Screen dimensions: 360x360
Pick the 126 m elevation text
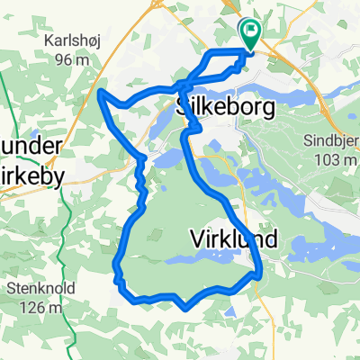tap(40, 308)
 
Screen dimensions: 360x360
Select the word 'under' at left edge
tap(31, 147)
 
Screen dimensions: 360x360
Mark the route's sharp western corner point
tap(100, 92)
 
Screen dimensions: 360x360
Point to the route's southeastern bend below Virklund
tap(259, 271)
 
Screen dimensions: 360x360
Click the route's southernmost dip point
tap(184, 307)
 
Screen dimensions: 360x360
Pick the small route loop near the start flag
tap(224, 64)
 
